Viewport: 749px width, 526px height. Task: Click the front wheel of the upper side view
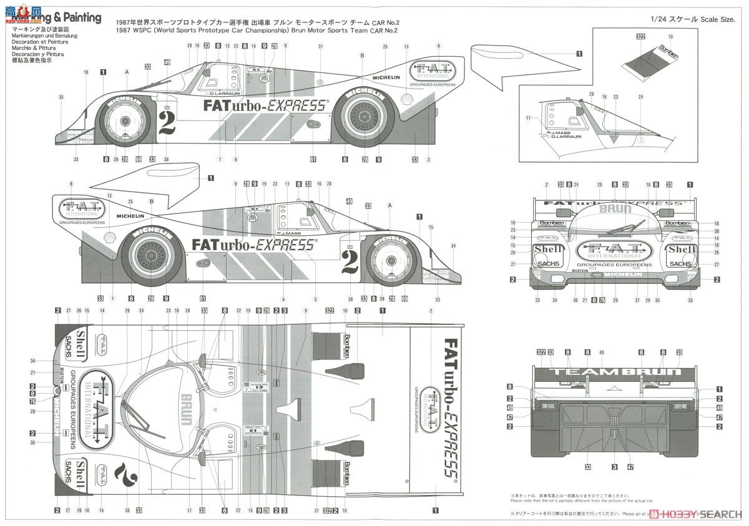point(125,120)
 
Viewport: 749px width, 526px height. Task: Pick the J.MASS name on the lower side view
point(291,233)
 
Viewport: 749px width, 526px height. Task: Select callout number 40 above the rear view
point(602,353)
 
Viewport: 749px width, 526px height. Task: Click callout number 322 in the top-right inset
point(640,37)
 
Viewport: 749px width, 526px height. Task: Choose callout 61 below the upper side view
point(313,160)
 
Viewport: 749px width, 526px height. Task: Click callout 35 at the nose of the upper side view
point(61,97)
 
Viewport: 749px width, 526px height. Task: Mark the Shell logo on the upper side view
point(407,98)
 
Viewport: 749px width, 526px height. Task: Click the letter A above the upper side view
point(127,72)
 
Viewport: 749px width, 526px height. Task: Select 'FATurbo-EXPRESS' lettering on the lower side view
point(253,245)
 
